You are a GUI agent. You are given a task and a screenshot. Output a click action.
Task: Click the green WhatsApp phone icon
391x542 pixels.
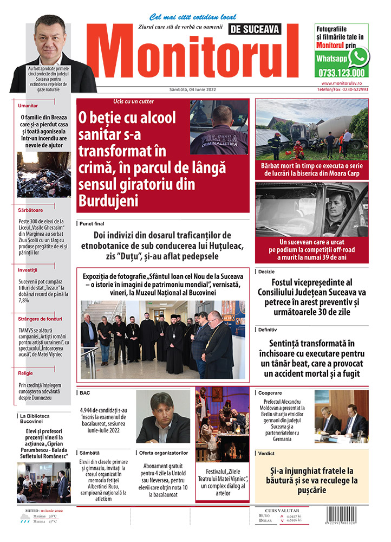point(358,57)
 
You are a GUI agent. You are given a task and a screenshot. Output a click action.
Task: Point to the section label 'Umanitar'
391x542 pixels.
point(28,106)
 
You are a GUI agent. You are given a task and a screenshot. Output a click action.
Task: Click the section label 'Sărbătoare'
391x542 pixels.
point(30,210)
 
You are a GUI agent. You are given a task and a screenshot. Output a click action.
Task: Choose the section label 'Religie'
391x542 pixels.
point(26,373)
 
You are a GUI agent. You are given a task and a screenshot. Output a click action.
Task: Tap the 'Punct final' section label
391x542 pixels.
point(92,223)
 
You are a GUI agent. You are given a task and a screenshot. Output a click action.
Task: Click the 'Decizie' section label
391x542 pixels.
point(267,270)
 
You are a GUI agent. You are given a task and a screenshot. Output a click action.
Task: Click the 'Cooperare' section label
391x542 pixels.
point(270,391)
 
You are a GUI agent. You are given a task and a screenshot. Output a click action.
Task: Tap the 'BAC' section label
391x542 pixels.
point(84,392)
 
